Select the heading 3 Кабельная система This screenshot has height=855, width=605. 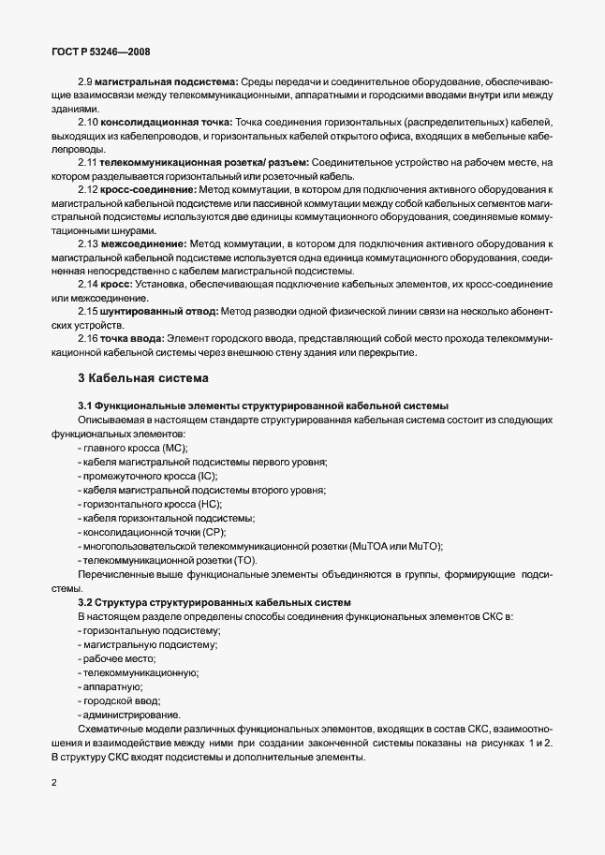(x=143, y=378)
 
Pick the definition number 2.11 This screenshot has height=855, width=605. (x=89, y=163)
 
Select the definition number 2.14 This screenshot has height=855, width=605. (x=89, y=282)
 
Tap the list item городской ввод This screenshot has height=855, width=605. (x=123, y=700)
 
